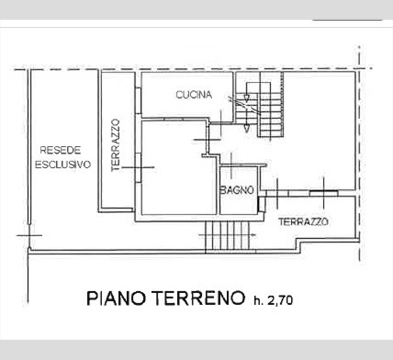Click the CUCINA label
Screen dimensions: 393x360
(x=194, y=95)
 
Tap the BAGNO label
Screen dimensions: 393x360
(x=237, y=190)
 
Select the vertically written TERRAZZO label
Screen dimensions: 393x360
(x=115, y=145)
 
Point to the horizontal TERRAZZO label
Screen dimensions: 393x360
(x=303, y=222)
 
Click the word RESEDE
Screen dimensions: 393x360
(x=60, y=151)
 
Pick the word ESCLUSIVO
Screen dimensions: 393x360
(x=63, y=164)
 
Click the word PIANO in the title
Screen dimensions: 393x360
(x=116, y=298)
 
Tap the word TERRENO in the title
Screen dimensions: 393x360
(x=198, y=298)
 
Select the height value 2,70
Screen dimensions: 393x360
(x=280, y=300)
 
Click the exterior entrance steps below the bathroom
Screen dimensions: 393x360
(x=227, y=236)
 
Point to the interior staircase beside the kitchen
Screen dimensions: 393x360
(x=259, y=105)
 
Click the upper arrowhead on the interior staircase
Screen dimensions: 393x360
(x=247, y=98)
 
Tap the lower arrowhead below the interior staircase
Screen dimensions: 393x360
(x=247, y=129)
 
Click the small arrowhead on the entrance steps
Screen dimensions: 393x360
(x=253, y=235)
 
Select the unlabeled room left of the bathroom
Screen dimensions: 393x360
(x=178, y=168)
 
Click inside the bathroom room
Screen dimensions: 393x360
(x=239, y=190)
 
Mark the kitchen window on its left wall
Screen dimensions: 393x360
(x=138, y=100)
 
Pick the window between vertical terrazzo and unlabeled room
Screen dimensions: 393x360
(x=138, y=168)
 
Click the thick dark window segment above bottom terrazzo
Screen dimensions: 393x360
(x=324, y=192)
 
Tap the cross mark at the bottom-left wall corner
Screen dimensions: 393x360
(x=29, y=236)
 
